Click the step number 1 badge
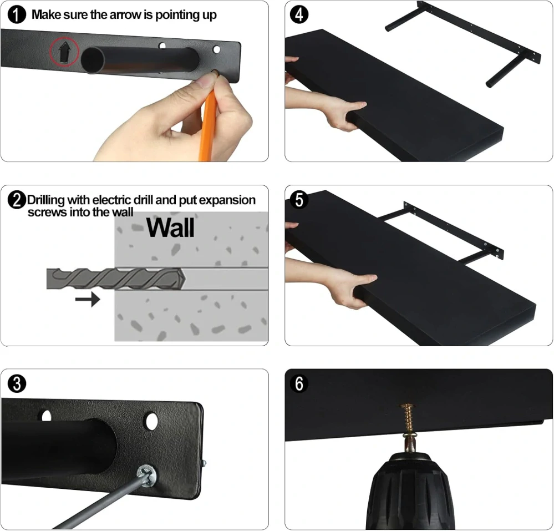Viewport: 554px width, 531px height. click(17, 15)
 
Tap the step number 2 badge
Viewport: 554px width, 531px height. click(17, 200)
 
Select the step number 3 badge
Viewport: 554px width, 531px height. click(17, 384)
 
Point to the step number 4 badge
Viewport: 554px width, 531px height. click(299, 15)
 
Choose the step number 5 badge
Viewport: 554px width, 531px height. click(299, 200)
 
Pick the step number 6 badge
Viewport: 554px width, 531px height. click(299, 384)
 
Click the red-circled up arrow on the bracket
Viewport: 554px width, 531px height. click(64, 52)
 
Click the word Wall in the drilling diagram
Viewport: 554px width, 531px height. click(170, 228)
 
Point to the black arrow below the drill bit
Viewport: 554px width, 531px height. click(88, 300)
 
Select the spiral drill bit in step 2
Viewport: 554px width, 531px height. click(116, 279)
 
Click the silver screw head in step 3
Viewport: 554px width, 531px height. click(146, 476)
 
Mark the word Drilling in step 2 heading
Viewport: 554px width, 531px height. click(46, 200)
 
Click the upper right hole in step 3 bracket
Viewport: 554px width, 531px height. click(151, 421)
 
